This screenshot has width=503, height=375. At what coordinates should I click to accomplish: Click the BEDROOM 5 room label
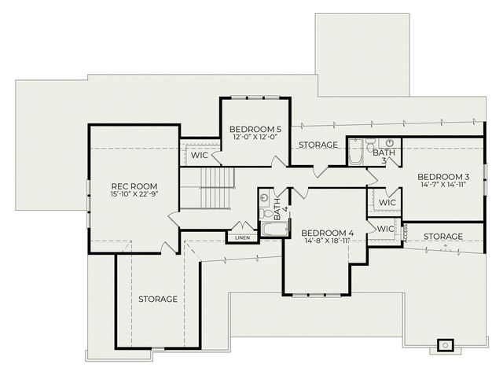pyautogui.click(x=255, y=129)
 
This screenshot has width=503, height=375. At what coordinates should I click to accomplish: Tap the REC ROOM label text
pyautogui.click(x=134, y=186)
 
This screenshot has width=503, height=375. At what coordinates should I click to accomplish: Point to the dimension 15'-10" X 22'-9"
pyautogui.click(x=134, y=193)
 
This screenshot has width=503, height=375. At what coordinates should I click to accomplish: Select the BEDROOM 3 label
pyautogui.click(x=443, y=177)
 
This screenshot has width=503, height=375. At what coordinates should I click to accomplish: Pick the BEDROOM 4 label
pyautogui.click(x=328, y=233)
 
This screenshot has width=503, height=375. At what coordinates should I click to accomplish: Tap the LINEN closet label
pyautogui.click(x=242, y=238)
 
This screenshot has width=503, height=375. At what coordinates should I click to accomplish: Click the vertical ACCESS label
pyautogui.click(x=405, y=233)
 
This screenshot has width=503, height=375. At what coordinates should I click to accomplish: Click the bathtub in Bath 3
pyautogui.click(x=356, y=152)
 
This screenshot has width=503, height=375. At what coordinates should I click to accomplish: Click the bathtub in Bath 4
pyautogui.click(x=274, y=229)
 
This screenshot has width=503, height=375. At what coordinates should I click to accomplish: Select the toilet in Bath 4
pyautogui.click(x=266, y=213)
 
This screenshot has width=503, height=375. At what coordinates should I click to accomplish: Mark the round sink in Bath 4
pyautogui.click(x=265, y=197)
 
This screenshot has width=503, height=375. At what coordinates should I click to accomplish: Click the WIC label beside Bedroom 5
pyautogui.click(x=200, y=155)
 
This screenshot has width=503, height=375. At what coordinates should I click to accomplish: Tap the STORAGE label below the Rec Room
pyautogui.click(x=158, y=299)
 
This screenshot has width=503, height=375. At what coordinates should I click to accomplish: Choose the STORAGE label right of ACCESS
pyautogui.click(x=443, y=237)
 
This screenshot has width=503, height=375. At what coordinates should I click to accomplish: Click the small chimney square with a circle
pyautogui.click(x=446, y=345)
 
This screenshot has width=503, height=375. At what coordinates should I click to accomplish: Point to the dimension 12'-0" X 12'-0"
pyautogui.click(x=255, y=137)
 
